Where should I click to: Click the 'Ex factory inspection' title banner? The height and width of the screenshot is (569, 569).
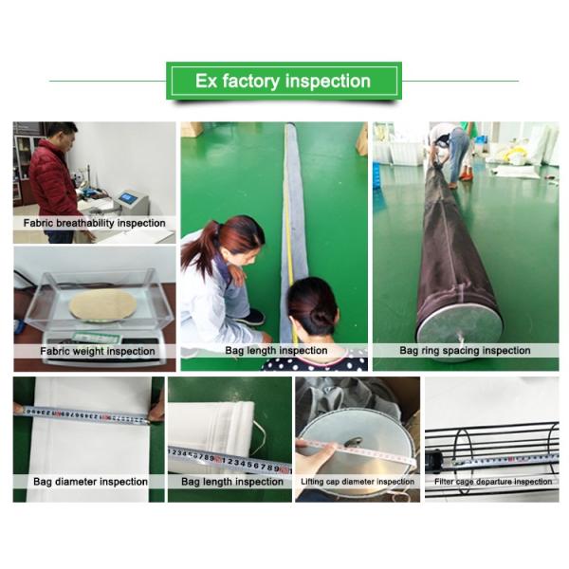click(x=284, y=81)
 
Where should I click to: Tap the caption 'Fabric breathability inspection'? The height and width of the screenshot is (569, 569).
click(x=94, y=223)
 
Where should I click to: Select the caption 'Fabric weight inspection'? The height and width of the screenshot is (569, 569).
click(x=98, y=351)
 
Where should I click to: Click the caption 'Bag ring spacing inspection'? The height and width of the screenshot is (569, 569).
click(x=465, y=351)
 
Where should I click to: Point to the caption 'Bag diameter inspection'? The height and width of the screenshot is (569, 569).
click(x=90, y=482)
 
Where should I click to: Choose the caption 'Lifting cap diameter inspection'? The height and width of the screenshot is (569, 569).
click(x=358, y=482)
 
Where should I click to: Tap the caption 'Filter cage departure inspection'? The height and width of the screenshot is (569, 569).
click(x=493, y=482)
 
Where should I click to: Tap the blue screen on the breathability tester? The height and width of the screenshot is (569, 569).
click(x=127, y=197)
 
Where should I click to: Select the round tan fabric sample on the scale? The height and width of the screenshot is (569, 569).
click(x=102, y=304)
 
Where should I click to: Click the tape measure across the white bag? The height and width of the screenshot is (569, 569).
click(x=85, y=415)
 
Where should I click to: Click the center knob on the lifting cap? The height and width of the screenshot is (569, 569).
click(x=353, y=442)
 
